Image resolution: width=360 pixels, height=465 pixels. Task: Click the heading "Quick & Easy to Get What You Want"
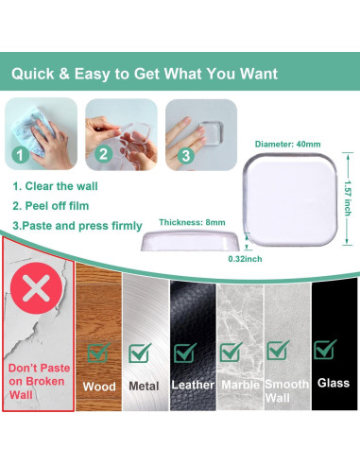pos(158,72)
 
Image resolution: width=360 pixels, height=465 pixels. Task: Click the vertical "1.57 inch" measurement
pos(347,198)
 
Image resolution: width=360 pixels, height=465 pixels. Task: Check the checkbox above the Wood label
pos(97,353)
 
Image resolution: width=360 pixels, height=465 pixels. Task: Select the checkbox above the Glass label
pos(325,350)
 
